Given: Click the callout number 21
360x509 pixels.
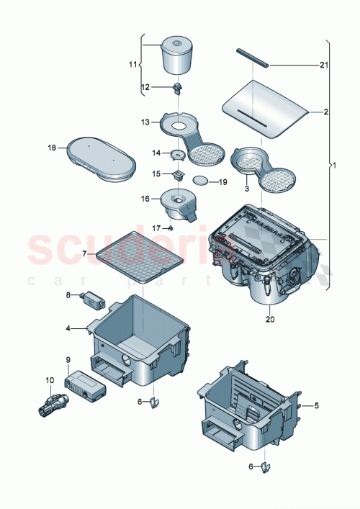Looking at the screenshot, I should [324, 66].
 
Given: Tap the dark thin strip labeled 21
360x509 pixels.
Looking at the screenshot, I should [253, 58].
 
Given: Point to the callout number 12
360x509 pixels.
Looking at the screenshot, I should [145, 87].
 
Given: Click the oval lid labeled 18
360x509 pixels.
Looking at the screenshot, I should [101, 158].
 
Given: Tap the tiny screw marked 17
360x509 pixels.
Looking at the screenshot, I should [171, 227].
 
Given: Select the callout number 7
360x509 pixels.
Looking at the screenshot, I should [84, 253].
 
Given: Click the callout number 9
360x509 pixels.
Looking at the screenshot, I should [68, 359].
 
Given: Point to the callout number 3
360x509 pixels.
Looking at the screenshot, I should [247, 189].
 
